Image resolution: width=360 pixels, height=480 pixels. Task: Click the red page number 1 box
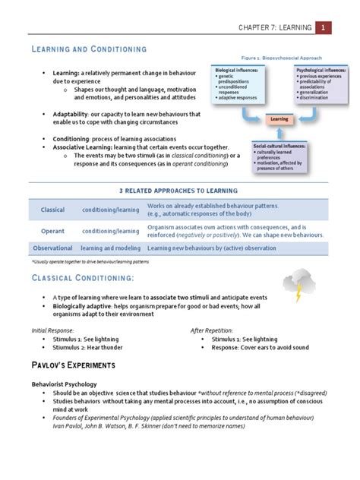coord(324,28)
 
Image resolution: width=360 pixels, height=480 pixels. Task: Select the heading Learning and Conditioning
coord(88,49)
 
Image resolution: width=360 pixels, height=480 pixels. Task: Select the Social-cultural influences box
coord(282,155)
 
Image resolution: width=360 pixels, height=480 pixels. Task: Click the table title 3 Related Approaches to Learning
coord(179,190)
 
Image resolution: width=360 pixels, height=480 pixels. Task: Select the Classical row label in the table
coord(52,210)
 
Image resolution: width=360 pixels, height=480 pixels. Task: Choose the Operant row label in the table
coord(52,231)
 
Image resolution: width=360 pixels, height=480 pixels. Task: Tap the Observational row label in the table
coord(52,248)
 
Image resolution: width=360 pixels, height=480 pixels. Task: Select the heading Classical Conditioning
coord(84,279)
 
